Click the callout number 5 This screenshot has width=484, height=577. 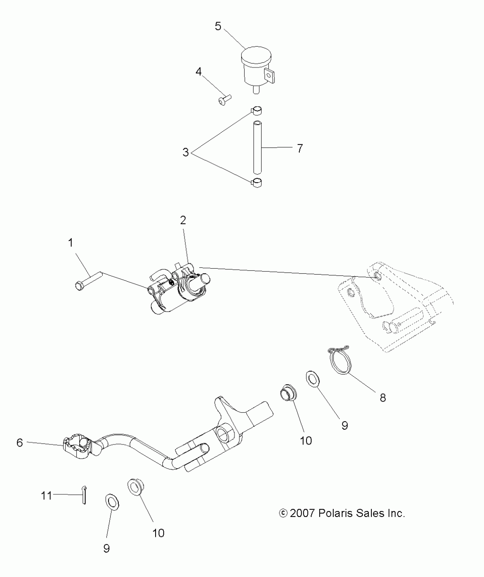(x=218, y=26)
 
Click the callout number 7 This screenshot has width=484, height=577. (x=300, y=148)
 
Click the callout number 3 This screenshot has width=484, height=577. (x=185, y=152)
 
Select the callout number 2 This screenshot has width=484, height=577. (x=183, y=220)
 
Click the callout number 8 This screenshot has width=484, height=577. (x=383, y=398)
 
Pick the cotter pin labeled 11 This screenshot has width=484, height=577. (x=84, y=496)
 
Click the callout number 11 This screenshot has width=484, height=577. (x=46, y=496)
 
